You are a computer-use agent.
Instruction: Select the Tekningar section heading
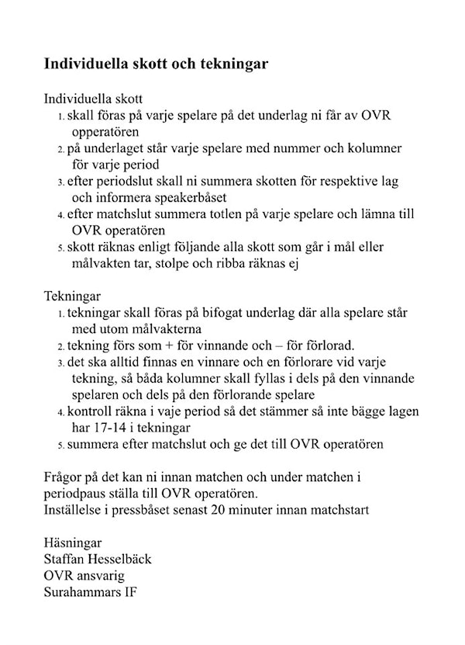pos(73,296)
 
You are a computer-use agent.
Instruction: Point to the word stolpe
pos(184,263)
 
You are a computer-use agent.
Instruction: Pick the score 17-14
pos(118,428)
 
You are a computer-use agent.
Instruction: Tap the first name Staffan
pos(67,559)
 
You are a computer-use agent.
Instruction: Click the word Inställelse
pos(78,510)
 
